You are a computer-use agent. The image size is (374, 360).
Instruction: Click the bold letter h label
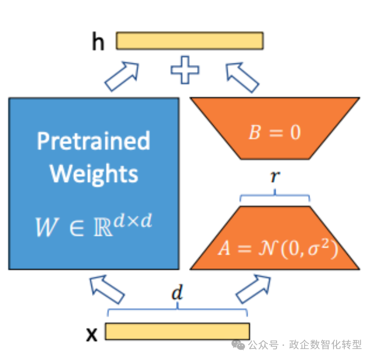point(98,42)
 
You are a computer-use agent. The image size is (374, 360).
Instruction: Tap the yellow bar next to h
point(190,41)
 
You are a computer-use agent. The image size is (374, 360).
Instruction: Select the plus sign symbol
point(185,70)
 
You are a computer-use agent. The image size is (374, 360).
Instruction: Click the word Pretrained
point(93,141)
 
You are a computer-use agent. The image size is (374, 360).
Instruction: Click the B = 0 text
point(274,133)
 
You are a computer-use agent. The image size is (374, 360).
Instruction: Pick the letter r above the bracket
point(274,177)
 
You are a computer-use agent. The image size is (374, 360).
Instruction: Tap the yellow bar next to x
point(177,331)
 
